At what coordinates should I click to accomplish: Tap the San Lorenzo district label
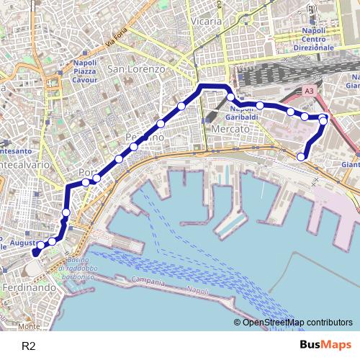coord(136,69)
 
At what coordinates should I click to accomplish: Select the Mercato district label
coord(230,128)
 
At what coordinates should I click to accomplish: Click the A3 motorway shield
coord(309,91)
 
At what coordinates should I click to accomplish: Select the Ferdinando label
coord(29,287)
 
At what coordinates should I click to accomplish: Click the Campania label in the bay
coord(148,281)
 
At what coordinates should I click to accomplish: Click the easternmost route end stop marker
coord(301,156)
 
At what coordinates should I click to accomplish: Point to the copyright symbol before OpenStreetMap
coord(237,323)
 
